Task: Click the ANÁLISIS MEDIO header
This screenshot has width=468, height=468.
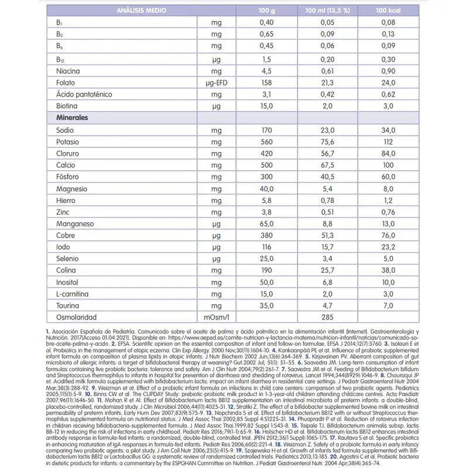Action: [x=140, y=11]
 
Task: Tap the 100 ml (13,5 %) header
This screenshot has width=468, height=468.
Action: [x=324, y=11]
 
